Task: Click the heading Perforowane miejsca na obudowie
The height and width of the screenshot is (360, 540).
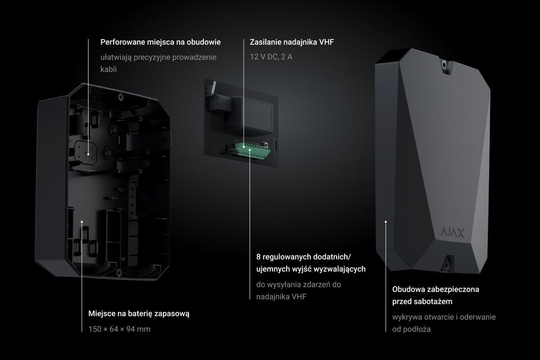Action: coord(161,42)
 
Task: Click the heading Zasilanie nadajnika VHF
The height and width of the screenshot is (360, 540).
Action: coord(292,42)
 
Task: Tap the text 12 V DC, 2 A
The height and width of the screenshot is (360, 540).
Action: coord(271,57)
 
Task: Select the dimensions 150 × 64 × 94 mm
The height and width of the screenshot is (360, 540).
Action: coord(119,329)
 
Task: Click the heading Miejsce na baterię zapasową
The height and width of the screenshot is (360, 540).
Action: coord(139,314)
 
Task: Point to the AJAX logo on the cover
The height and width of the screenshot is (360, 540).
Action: coord(453,233)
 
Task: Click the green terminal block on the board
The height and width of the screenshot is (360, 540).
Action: coord(252,151)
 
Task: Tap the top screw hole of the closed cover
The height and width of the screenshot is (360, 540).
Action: coord(444,65)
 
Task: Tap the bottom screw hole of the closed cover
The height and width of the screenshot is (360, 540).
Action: coord(446,265)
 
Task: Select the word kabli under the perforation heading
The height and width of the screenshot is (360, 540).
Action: coord(108,69)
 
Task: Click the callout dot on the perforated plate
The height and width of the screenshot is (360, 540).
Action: coord(89,154)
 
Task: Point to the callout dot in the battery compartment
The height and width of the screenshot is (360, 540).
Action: coord(82,222)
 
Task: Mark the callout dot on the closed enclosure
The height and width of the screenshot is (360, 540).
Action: coord(386,222)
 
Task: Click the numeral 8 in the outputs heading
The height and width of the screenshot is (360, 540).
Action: coord(258,257)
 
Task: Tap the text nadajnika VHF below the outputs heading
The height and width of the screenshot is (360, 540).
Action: coord(281,297)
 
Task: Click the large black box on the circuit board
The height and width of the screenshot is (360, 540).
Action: coord(249,116)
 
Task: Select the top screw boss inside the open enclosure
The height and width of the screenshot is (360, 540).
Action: coord(121,97)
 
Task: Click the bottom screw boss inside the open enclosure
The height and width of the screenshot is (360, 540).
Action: coord(119,273)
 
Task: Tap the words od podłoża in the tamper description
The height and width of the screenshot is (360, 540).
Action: coord(411,329)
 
